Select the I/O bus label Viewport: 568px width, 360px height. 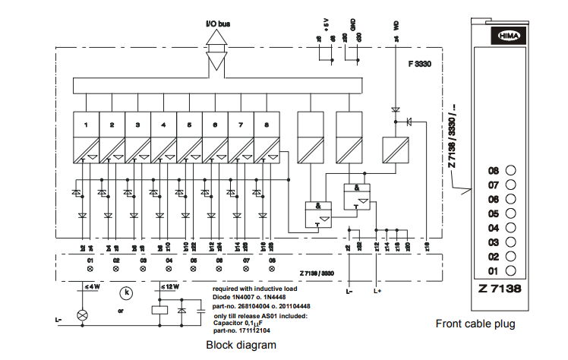tap(218, 24)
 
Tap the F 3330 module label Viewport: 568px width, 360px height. tap(418, 65)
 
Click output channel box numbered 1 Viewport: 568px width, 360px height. tap(87, 124)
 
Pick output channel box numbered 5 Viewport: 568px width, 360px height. tap(190, 124)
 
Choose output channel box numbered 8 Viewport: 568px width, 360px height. tap(267, 124)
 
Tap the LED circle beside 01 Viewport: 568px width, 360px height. tap(510, 270)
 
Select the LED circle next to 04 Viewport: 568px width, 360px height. tap(510, 228)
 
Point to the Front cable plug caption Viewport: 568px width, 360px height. tap(475, 324)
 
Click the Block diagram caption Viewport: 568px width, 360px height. tap(241, 345)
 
